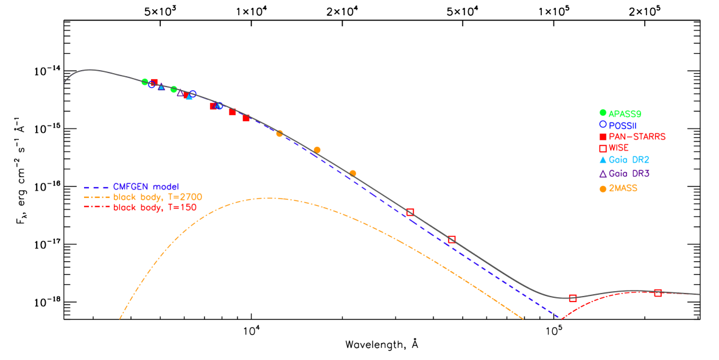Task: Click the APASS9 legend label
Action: point(625,113)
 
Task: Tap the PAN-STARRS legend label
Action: point(637,136)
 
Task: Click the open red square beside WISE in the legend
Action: point(603,148)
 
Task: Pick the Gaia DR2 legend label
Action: point(630,160)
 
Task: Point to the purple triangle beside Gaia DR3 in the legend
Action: point(603,174)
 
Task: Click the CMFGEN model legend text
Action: point(146,186)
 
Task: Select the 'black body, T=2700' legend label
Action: point(158,197)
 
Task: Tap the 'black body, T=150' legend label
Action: point(155,208)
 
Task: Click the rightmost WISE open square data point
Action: point(658,293)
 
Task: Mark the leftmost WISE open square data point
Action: point(410,212)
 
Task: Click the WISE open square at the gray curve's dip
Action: point(572,298)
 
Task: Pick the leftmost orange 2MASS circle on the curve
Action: point(279,133)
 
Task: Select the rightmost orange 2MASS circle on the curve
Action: point(352,174)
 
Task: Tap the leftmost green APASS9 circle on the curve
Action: point(145,82)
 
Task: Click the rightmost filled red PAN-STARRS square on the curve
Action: point(246,118)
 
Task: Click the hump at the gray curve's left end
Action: point(90,69)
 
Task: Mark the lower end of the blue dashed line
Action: point(559,317)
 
